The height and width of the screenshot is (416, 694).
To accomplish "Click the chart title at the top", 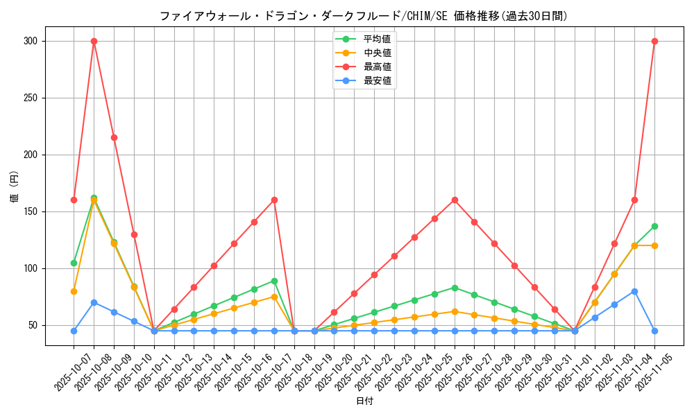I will pos(363,16).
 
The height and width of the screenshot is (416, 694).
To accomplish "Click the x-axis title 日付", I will pos(364,401).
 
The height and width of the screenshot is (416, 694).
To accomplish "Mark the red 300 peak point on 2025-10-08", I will pos(94,41).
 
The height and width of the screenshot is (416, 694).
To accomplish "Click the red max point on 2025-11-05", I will pos(654,41).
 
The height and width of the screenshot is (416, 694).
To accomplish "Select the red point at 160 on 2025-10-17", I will pos(274,200).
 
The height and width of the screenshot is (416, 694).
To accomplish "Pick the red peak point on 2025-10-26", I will pos(455,200).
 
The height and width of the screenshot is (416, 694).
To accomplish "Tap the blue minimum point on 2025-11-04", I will pos(634,291).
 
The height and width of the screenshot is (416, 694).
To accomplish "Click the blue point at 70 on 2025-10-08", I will pos(94,302).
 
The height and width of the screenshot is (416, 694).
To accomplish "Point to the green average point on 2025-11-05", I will pos(654,226).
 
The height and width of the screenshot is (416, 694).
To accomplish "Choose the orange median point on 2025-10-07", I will pos(74,291).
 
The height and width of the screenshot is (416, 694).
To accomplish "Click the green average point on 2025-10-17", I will pos(274,281).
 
